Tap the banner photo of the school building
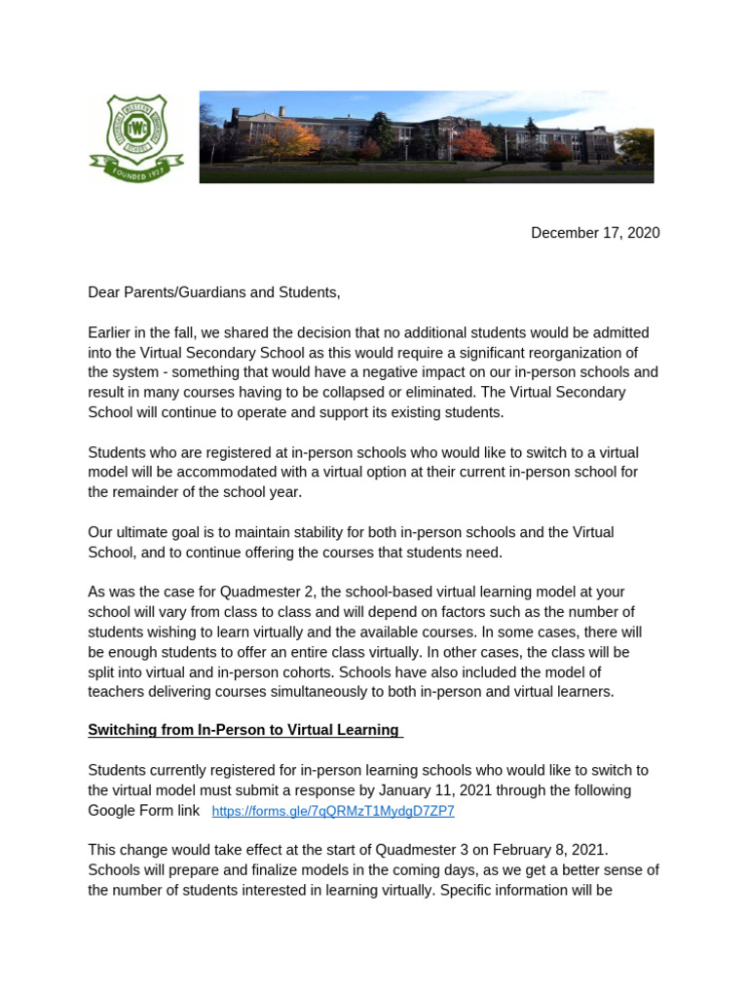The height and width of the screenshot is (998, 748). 427,137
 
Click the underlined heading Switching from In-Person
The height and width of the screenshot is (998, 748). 243,730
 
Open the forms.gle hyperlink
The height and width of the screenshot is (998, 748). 332,811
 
